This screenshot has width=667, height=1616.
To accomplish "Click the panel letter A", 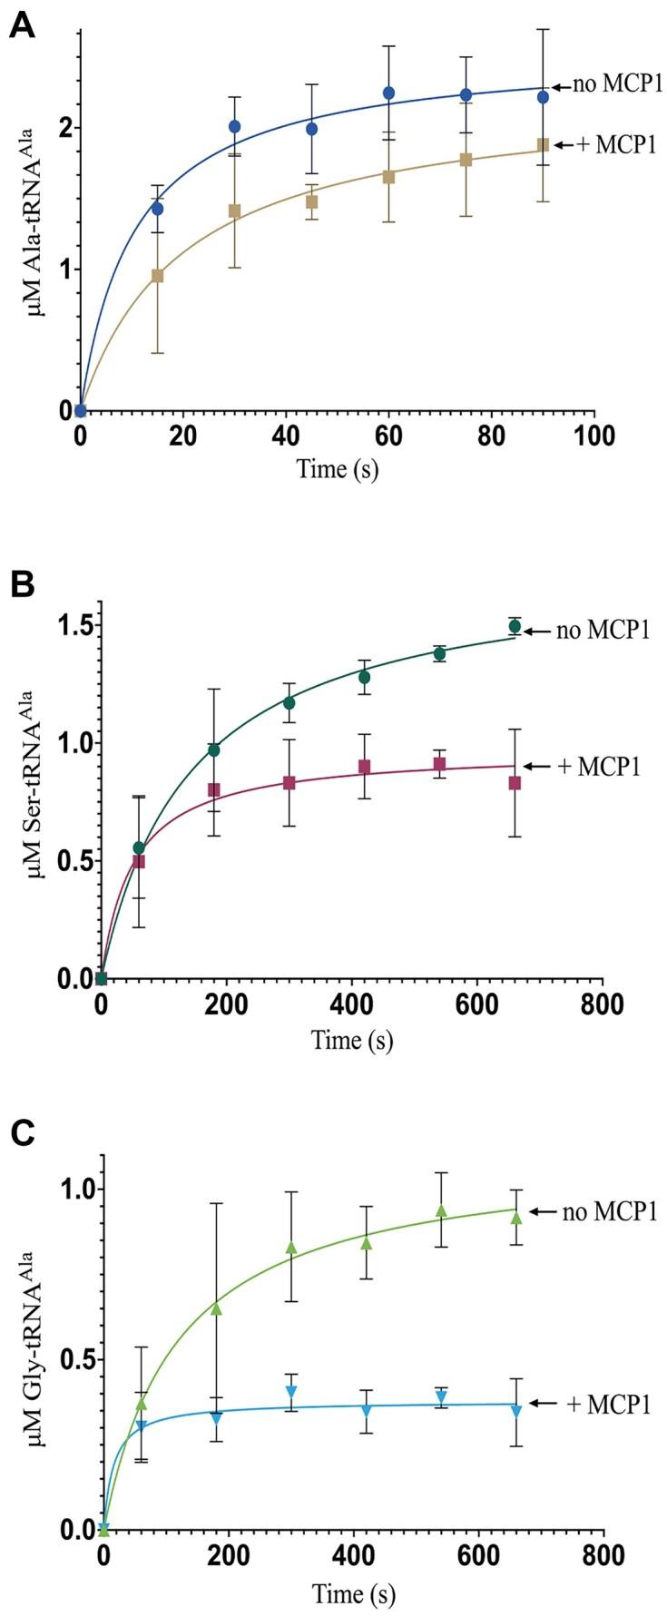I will pos(22,27).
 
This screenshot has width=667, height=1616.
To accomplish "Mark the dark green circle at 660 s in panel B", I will pos(515,626).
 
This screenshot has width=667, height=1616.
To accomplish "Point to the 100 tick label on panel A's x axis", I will pos(594,435).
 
